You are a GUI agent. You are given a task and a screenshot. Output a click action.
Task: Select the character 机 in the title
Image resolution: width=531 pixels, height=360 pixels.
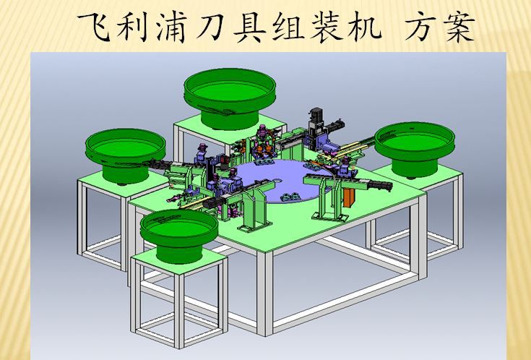click(x=365, y=27)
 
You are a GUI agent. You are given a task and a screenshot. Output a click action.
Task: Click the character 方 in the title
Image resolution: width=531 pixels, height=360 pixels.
click(x=420, y=27)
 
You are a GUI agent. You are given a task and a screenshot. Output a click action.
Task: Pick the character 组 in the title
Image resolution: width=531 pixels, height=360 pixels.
click(x=288, y=27)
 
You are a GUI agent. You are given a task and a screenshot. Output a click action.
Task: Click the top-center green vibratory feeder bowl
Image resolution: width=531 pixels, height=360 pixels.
click(x=230, y=98)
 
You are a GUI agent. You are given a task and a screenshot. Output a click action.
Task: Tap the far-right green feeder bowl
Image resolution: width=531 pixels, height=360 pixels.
click(x=415, y=149)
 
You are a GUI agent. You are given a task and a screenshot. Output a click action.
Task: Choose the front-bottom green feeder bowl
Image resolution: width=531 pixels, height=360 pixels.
click(x=179, y=235)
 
